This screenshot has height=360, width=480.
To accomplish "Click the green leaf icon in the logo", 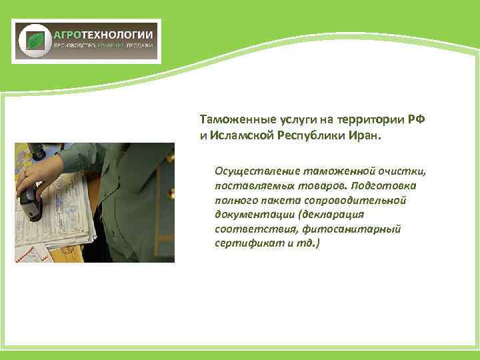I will (x=34, y=41).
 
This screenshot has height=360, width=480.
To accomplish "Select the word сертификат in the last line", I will (x=244, y=243).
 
